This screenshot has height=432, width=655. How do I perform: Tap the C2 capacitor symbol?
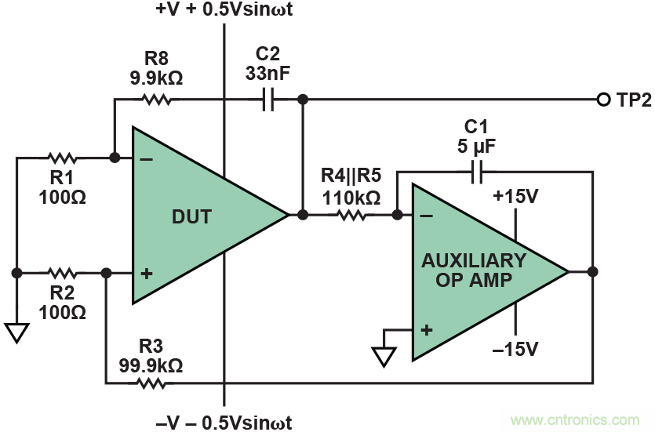[x=267, y=100]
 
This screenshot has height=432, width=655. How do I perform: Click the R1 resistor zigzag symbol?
[x=62, y=158]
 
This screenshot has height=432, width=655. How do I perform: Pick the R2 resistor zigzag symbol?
[x=61, y=273]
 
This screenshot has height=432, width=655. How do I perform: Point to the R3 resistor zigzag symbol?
[x=151, y=383]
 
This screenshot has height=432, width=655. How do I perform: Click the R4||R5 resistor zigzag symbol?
[x=351, y=213]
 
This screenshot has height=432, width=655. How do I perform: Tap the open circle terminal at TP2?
[x=603, y=100]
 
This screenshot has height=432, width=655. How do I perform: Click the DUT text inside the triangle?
[x=191, y=216]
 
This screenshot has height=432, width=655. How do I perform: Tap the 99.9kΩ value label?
[x=151, y=365]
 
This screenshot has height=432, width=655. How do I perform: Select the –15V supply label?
[x=515, y=348]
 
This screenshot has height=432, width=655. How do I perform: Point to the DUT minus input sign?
[x=145, y=159]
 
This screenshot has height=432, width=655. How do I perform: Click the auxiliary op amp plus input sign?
[x=426, y=330]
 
